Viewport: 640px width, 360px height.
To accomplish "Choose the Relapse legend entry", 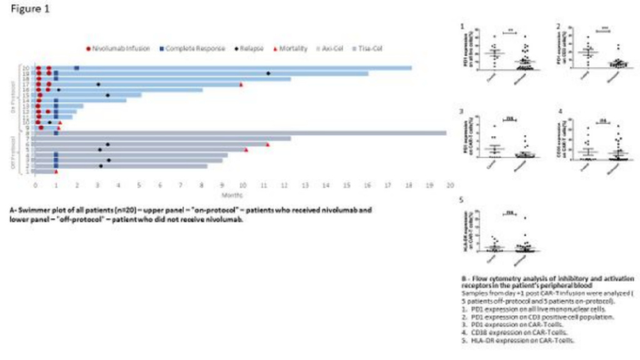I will (x=242, y=49).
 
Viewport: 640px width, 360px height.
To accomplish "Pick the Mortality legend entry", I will (x=289, y=49).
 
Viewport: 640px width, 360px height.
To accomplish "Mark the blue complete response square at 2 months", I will (x=77, y=67).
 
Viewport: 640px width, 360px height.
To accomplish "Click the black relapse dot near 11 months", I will (x=269, y=73).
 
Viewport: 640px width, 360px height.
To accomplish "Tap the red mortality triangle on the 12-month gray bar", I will (x=267, y=144).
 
